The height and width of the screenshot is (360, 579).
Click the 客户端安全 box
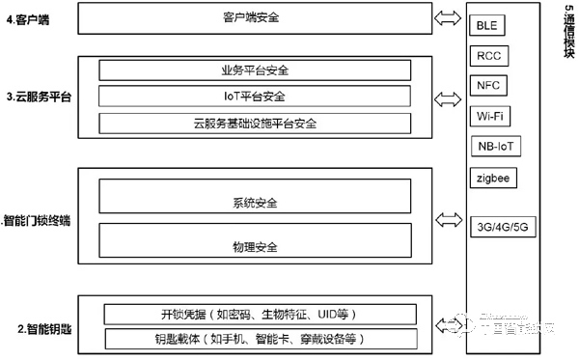point(255,17)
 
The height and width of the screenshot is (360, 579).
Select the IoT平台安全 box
point(255,97)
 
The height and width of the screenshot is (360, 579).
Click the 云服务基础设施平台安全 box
point(255,124)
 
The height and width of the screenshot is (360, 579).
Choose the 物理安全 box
point(255,248)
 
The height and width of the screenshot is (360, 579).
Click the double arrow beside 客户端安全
point(451,17)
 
